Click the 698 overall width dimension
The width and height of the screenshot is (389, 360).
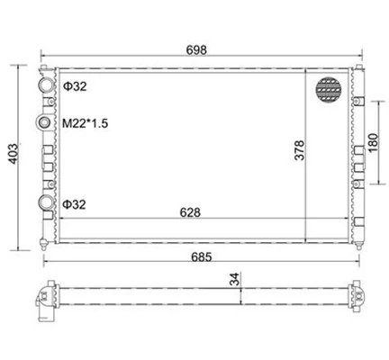pyautogui.click(x=196, y=49)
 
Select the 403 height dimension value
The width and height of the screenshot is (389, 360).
pyautogui.click(x=14, y=154)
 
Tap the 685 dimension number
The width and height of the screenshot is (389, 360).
pyautogui.click(x=202, y=257)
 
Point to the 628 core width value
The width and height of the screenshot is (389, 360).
pyautogui.click(x=190, y=212)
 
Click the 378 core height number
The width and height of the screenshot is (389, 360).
pyautogui.click(x=299, y=150)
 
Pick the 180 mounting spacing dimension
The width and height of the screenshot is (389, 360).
pyautogui.click(x=373, y=143)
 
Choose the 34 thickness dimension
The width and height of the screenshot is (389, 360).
pyautogui.click(x=234, y=279)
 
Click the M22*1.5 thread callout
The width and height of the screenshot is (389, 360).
pyautogui.click(x=85, y=123)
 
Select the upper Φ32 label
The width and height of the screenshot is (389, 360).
pyautogui.click(x=75, y=86)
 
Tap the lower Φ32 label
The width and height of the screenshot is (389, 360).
pyautogui.click(x=74, y=204)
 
